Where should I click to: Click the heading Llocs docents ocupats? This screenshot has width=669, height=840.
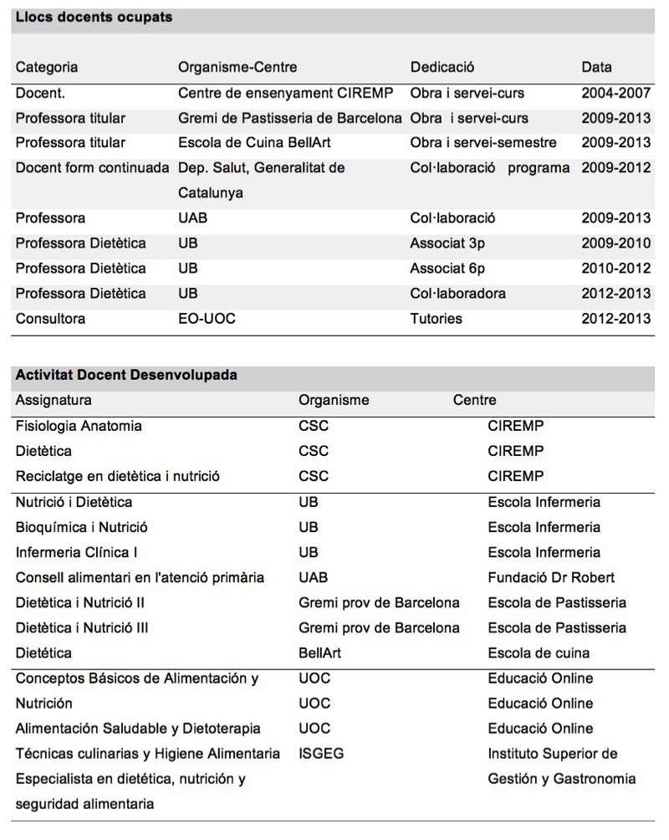[94, 17]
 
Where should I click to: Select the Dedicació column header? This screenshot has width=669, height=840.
[443, 67]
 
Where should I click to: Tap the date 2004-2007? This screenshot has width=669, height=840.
[615, 93]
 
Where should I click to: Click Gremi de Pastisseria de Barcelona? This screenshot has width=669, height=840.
[290, 118]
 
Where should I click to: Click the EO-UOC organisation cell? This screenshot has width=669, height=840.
[207, 318]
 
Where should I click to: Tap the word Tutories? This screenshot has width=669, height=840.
[436, 318]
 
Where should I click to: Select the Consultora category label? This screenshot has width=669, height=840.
[50, 318]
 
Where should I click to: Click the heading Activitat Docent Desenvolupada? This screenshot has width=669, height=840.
[126, 375]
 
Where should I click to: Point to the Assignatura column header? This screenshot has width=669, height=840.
[54, 400]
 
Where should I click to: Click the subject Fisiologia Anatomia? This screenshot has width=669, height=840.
[79, 426]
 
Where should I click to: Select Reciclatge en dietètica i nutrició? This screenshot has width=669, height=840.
[117, 476]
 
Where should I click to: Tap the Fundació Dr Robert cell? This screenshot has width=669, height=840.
[551, 577]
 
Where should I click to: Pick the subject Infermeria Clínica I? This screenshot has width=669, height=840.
[77, 552]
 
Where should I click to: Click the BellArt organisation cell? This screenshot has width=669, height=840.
[319, 653]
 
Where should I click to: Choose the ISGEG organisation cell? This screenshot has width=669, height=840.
[321, 753]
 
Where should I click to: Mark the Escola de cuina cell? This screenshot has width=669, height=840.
[539, 653]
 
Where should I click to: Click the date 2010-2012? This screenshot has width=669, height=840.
[615, 268]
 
